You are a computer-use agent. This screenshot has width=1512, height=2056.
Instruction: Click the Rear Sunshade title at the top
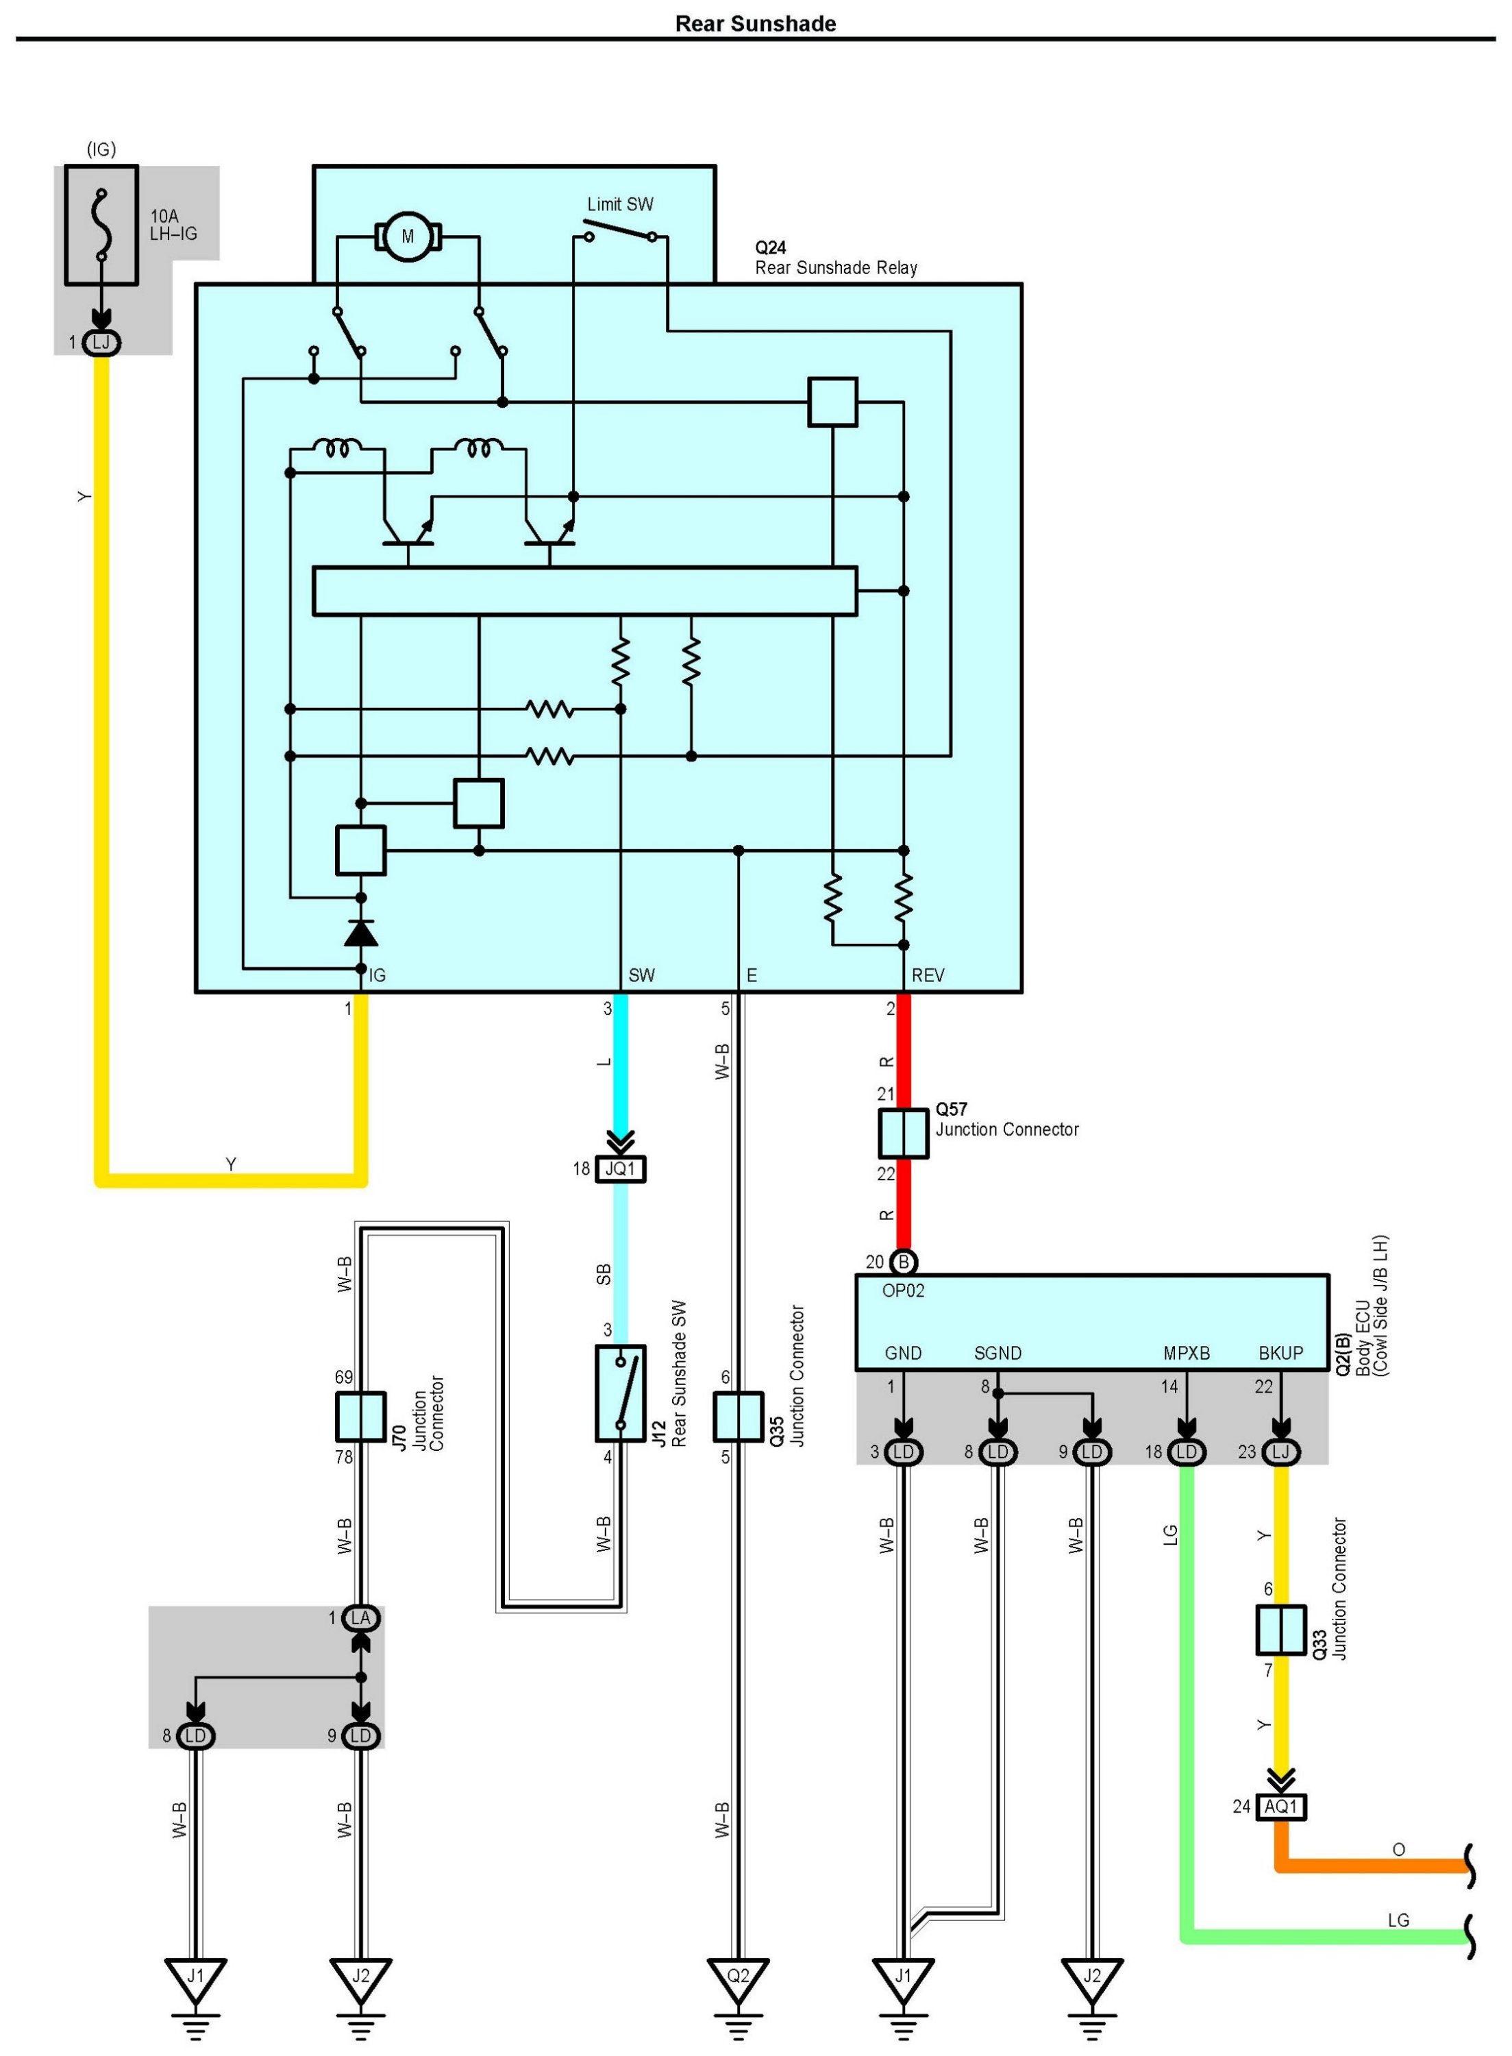[755, 24]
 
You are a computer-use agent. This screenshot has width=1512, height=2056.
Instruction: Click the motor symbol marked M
[408, 236]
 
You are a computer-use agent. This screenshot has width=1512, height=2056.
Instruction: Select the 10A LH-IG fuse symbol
[101, 225]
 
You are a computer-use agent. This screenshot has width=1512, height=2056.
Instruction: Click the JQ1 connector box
[621, 1169]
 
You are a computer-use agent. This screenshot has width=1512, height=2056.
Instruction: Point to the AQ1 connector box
[1280, 1806]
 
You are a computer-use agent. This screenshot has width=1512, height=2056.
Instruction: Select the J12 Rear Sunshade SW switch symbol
[621, 1393]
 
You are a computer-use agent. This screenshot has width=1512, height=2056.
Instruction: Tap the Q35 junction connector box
[738, 1416]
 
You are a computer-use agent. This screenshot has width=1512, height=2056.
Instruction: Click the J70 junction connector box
[360, 1416]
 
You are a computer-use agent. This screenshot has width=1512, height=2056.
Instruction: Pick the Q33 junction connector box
[1280, 1630]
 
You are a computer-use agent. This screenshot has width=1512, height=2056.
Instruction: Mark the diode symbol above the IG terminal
[360, 932]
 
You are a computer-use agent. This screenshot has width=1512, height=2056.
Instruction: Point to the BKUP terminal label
[1280, 1353]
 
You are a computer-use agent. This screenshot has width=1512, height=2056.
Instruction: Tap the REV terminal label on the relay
[927, 975]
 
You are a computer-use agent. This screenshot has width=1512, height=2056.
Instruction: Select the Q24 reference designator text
[770, 247]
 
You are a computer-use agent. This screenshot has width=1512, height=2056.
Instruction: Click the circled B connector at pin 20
[904, 1262]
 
